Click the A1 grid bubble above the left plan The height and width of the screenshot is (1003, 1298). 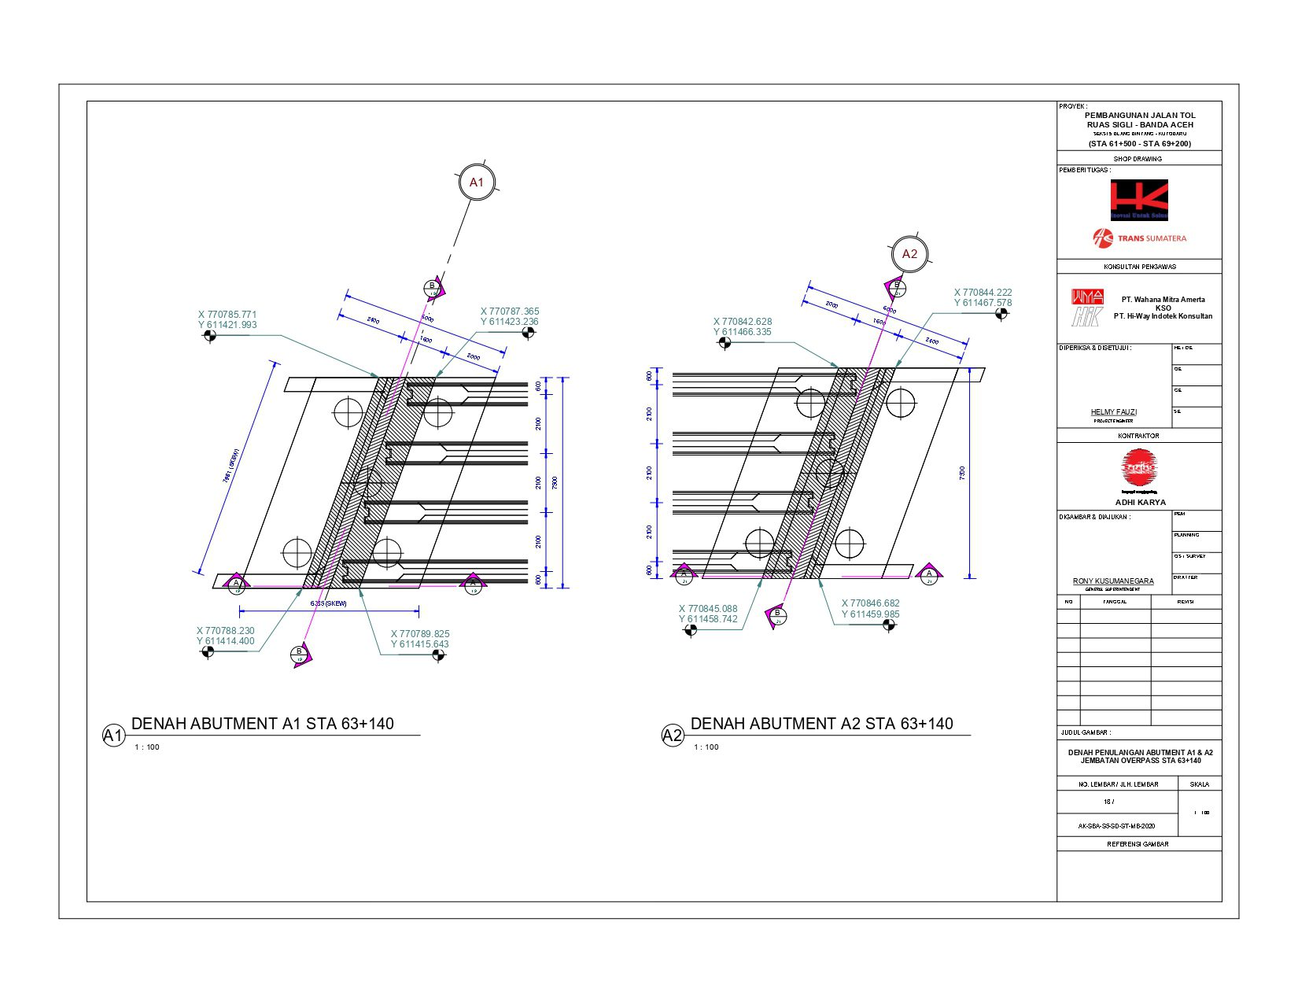pyautogui.click(x=476, y=183)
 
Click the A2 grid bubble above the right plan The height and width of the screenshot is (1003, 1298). pyautogui.click(x=909, y=254)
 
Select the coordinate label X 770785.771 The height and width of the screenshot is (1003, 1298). pyautogui.click(x=227, y=315)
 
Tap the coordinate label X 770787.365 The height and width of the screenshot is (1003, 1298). pyautogui.click(x=510, y=312)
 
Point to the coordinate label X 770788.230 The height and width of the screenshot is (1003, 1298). pyautogui.click(x=226, y=631)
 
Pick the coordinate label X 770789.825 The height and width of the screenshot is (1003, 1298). pyautogui.click(x=420, y=634)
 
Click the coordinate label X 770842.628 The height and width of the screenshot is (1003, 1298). pyautogui.click(x=743, y=322)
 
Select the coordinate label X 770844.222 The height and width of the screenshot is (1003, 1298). pyautogui.click(x=983, y=293)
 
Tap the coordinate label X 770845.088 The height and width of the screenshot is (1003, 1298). pyautogui.click(x=708, y=609)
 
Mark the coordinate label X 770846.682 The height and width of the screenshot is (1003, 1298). pyautogui.click(x=870, y=603)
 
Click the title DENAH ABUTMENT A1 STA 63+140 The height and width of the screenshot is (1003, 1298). pyautogui.click(x=263, y=724)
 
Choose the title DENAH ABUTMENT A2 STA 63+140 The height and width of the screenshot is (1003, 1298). pyautogui.click(x=821, y=724)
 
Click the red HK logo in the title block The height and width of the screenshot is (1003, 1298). pyautogui.click(x=1138, y=200)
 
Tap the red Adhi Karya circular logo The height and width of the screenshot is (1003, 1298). pyautogui.click(x=1139, y=467)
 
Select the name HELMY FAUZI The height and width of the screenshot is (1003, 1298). pyautogui.click(x=1113, y=412)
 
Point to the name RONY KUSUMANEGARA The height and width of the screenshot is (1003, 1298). pyautogui.click(x=1113, y=581)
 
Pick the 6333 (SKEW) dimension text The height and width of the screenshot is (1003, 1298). pyautogui.click(x=329, y=603)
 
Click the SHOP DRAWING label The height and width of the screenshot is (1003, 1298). pyautogui.click(x=1138, y=159)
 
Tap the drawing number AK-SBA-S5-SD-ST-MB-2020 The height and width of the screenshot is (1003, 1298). pyautogui.click(x=1116, y=827)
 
